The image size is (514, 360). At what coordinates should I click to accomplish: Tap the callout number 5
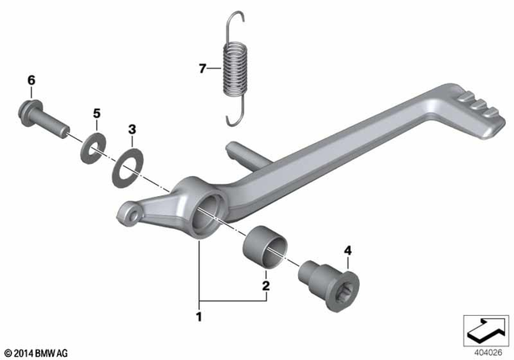click(x=96, y=114)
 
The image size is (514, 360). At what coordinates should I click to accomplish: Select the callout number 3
click(x=133, y=129)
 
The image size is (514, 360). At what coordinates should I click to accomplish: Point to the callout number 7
click(x=202, y=68)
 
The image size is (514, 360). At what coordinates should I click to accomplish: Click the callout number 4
click(x=348, y=251)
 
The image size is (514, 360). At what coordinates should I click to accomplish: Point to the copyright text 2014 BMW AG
click(x=37, y=351)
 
